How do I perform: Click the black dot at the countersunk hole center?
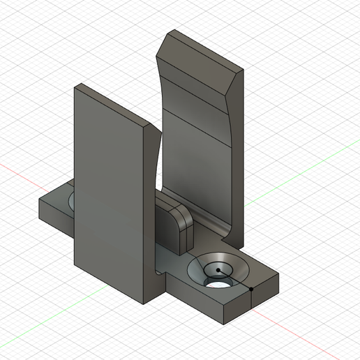click(x=218, y=269)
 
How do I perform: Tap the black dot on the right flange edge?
click(x=250, y=287)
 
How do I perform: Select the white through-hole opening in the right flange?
click(x=218, y=284)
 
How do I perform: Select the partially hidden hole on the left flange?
click(x=71, y=203)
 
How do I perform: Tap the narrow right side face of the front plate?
click(x=152, y=209)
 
